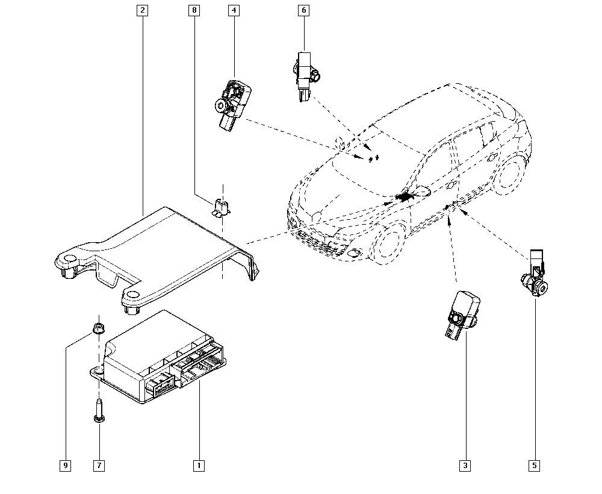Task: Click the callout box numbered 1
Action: [x=197, y=465]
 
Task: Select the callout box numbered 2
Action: [x=142, y=10]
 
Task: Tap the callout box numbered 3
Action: [x=465, y=465]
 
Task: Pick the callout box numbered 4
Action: [x=234, y=10]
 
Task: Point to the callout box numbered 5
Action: [x=535, y=465]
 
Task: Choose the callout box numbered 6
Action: [x=304, y=10]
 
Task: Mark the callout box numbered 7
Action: [x=99, y=465]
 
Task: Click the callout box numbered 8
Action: [x=193, y=10]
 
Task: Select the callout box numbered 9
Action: [x=65, y=465]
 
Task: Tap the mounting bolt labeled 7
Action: [x=98, y=411]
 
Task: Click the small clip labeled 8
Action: [x=222, y=207]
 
